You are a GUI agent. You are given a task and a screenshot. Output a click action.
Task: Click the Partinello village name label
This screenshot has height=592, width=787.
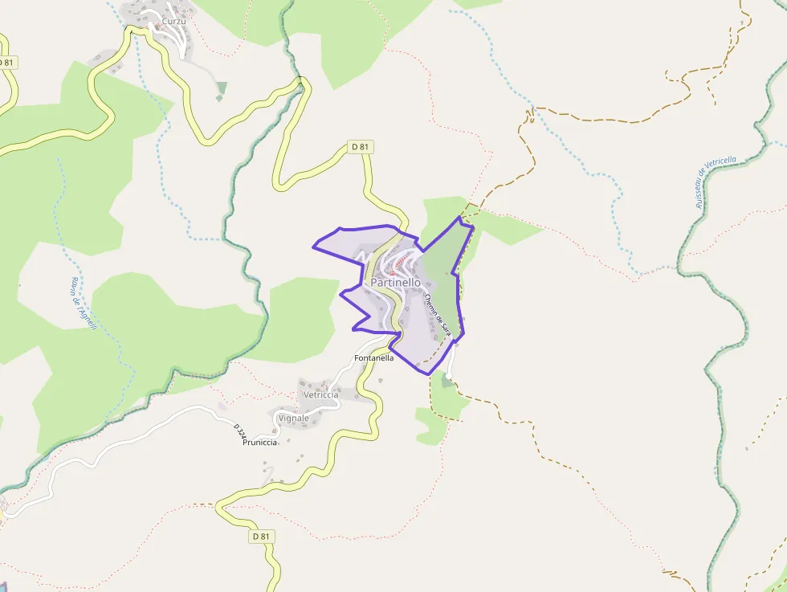395,283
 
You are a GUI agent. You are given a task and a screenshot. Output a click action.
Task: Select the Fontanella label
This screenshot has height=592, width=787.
374,357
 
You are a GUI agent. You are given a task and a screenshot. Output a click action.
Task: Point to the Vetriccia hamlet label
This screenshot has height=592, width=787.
321,394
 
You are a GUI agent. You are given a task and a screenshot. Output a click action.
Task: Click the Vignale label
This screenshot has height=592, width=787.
293,418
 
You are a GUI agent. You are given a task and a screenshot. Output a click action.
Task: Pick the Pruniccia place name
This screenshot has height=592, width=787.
259,442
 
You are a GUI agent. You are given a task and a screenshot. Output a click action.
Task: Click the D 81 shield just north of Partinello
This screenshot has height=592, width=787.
360,147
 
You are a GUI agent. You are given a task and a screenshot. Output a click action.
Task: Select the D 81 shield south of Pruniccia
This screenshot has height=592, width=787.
261,536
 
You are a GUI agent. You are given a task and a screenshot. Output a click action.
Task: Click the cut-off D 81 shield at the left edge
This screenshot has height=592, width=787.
6,63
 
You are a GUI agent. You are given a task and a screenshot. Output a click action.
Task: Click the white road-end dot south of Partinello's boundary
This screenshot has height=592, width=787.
449,377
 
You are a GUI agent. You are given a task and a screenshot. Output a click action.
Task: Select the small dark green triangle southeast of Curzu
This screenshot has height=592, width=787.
221,88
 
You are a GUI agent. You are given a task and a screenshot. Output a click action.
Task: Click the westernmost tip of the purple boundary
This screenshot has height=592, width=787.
313,246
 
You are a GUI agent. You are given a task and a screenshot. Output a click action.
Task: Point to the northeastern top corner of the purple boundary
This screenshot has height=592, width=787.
460,217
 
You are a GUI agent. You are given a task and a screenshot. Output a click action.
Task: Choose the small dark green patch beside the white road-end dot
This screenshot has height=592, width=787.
446,382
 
